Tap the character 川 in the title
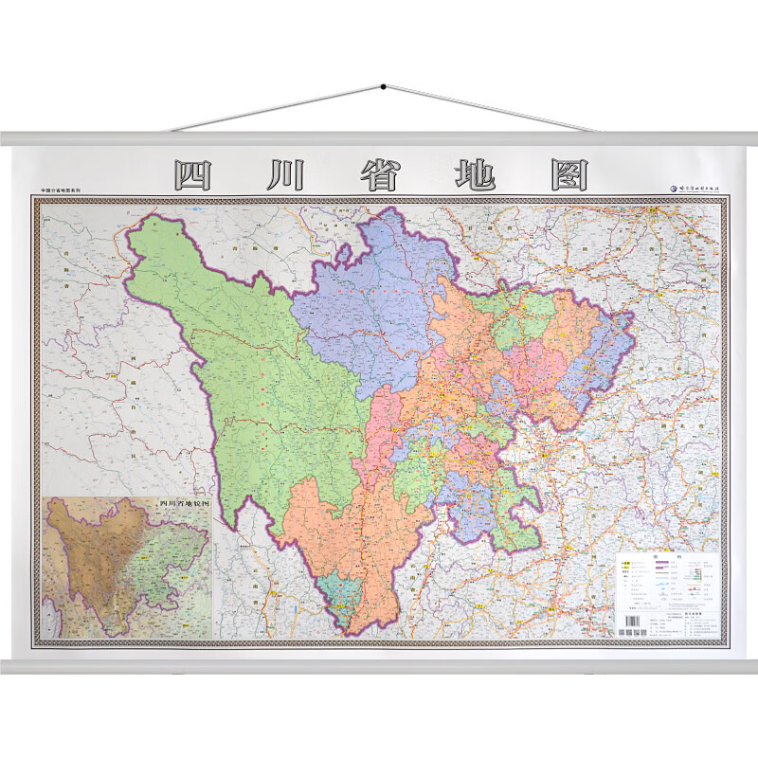285,175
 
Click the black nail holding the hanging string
383,87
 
